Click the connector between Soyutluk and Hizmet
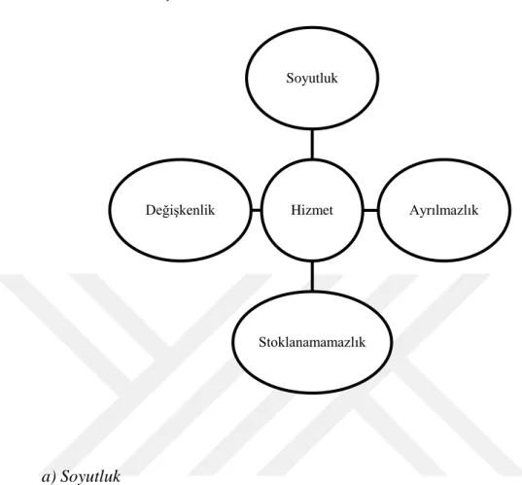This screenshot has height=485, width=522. (312, 144)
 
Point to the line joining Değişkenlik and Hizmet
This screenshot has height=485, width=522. (256, 210)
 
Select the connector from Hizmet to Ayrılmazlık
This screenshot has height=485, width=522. (370, 210)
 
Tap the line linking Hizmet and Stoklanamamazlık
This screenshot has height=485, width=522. (312, 276)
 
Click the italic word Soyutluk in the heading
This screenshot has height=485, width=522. (90, 476)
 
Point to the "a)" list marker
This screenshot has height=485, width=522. (50, 477)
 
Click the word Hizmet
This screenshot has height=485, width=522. (312, 210)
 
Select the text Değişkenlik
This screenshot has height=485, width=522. (180, 210)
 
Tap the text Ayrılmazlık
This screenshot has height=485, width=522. (444, 210)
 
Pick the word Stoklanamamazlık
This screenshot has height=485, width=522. (312, 342)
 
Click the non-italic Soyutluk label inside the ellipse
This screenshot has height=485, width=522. (312, 79)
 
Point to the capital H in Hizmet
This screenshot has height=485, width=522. (296, 210)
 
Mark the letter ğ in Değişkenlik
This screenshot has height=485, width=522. (166, 211)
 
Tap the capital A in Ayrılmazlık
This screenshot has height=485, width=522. (414, 210)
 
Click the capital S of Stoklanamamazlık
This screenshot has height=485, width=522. (262, 342)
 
